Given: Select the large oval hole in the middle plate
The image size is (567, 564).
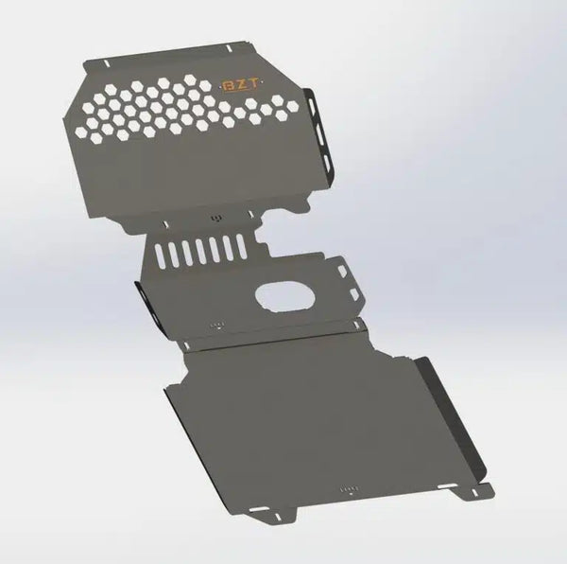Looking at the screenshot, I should [283, 296].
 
